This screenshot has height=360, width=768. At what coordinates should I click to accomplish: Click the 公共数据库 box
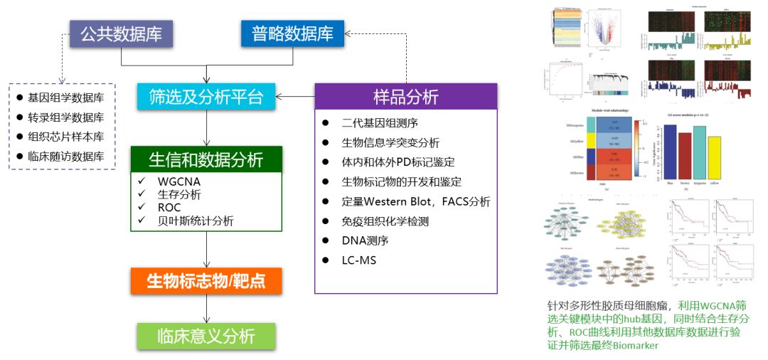coord(121,33)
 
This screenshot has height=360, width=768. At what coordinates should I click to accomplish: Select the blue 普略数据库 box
coord(292,33)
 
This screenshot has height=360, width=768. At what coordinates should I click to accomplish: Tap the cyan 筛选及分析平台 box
coord(206,96)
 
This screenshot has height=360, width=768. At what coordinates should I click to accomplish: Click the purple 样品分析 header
coord(405,95)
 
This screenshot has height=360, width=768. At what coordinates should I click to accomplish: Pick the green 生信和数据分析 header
coord(206,159)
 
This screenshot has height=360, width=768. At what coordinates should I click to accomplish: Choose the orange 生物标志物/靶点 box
coord(206,280)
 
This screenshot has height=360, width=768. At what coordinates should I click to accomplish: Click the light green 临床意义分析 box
coord(206,337)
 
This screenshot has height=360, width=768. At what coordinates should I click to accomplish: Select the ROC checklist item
coord(170,207)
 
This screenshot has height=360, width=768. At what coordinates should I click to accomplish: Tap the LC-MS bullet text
coord(359,261)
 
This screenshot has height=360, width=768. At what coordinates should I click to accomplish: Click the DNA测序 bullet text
coord(363,241)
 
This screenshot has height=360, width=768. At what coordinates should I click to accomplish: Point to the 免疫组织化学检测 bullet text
coord(385,221)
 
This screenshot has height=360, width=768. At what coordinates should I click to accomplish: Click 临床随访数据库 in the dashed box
coord(66,156)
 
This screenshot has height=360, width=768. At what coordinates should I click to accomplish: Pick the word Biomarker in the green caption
coord(636,346)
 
